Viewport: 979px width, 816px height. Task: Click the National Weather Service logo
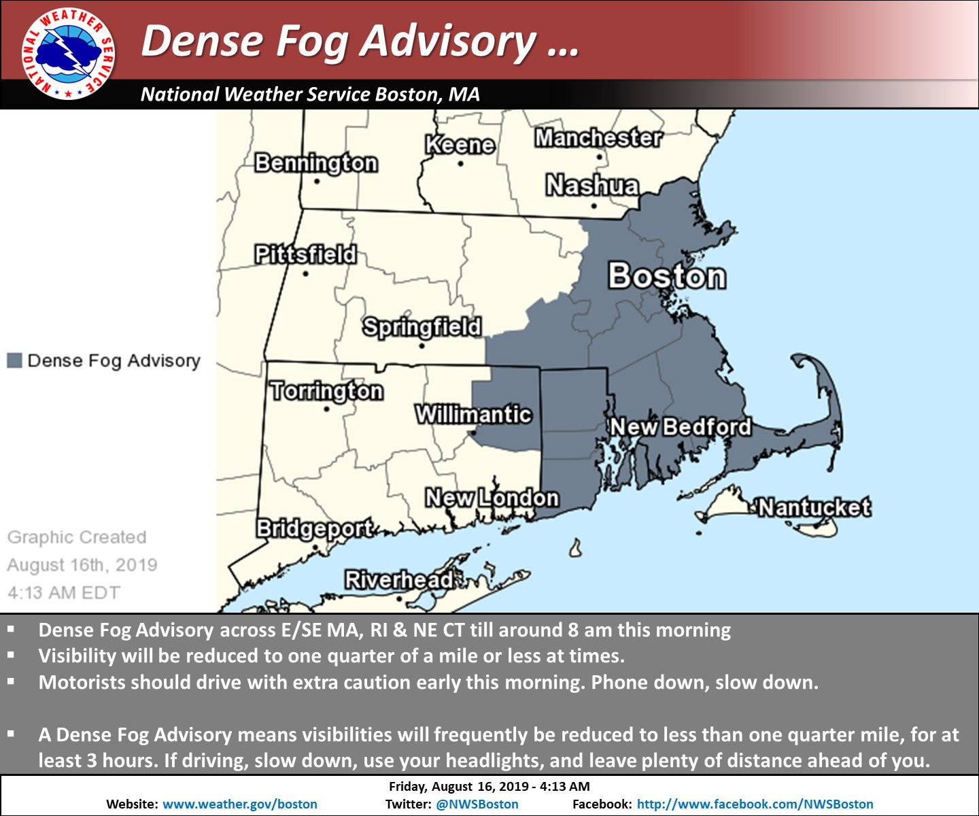pos(68,54)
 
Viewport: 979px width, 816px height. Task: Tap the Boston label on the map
pos(666,276)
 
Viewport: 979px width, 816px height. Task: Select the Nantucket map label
pos(814,507)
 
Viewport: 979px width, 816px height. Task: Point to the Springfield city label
pos(422,327)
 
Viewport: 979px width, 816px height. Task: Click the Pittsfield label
pos(305,254)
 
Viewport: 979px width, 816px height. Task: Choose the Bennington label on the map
pos(316,163)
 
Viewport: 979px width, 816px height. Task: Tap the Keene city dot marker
pos(460,164)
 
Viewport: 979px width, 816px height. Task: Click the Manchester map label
pos(598,138)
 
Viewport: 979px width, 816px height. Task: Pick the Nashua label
pos(592,185)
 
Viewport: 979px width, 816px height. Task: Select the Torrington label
pos(327,391)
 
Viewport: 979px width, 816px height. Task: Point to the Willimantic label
pos(473,414)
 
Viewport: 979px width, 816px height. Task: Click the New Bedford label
pos(681,427)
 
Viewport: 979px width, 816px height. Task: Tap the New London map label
pos(492,498)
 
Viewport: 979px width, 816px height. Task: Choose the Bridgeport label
pos(314,528)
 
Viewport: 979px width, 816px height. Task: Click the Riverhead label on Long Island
pos(398,580)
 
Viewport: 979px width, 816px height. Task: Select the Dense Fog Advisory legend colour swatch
pos(14,360)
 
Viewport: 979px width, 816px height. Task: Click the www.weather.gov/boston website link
pos(240,804)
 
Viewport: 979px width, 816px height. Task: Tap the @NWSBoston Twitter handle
pos(477,804)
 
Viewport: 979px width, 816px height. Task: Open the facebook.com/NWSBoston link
pos(755,804)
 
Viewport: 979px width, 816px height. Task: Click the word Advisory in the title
pos(448,41)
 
